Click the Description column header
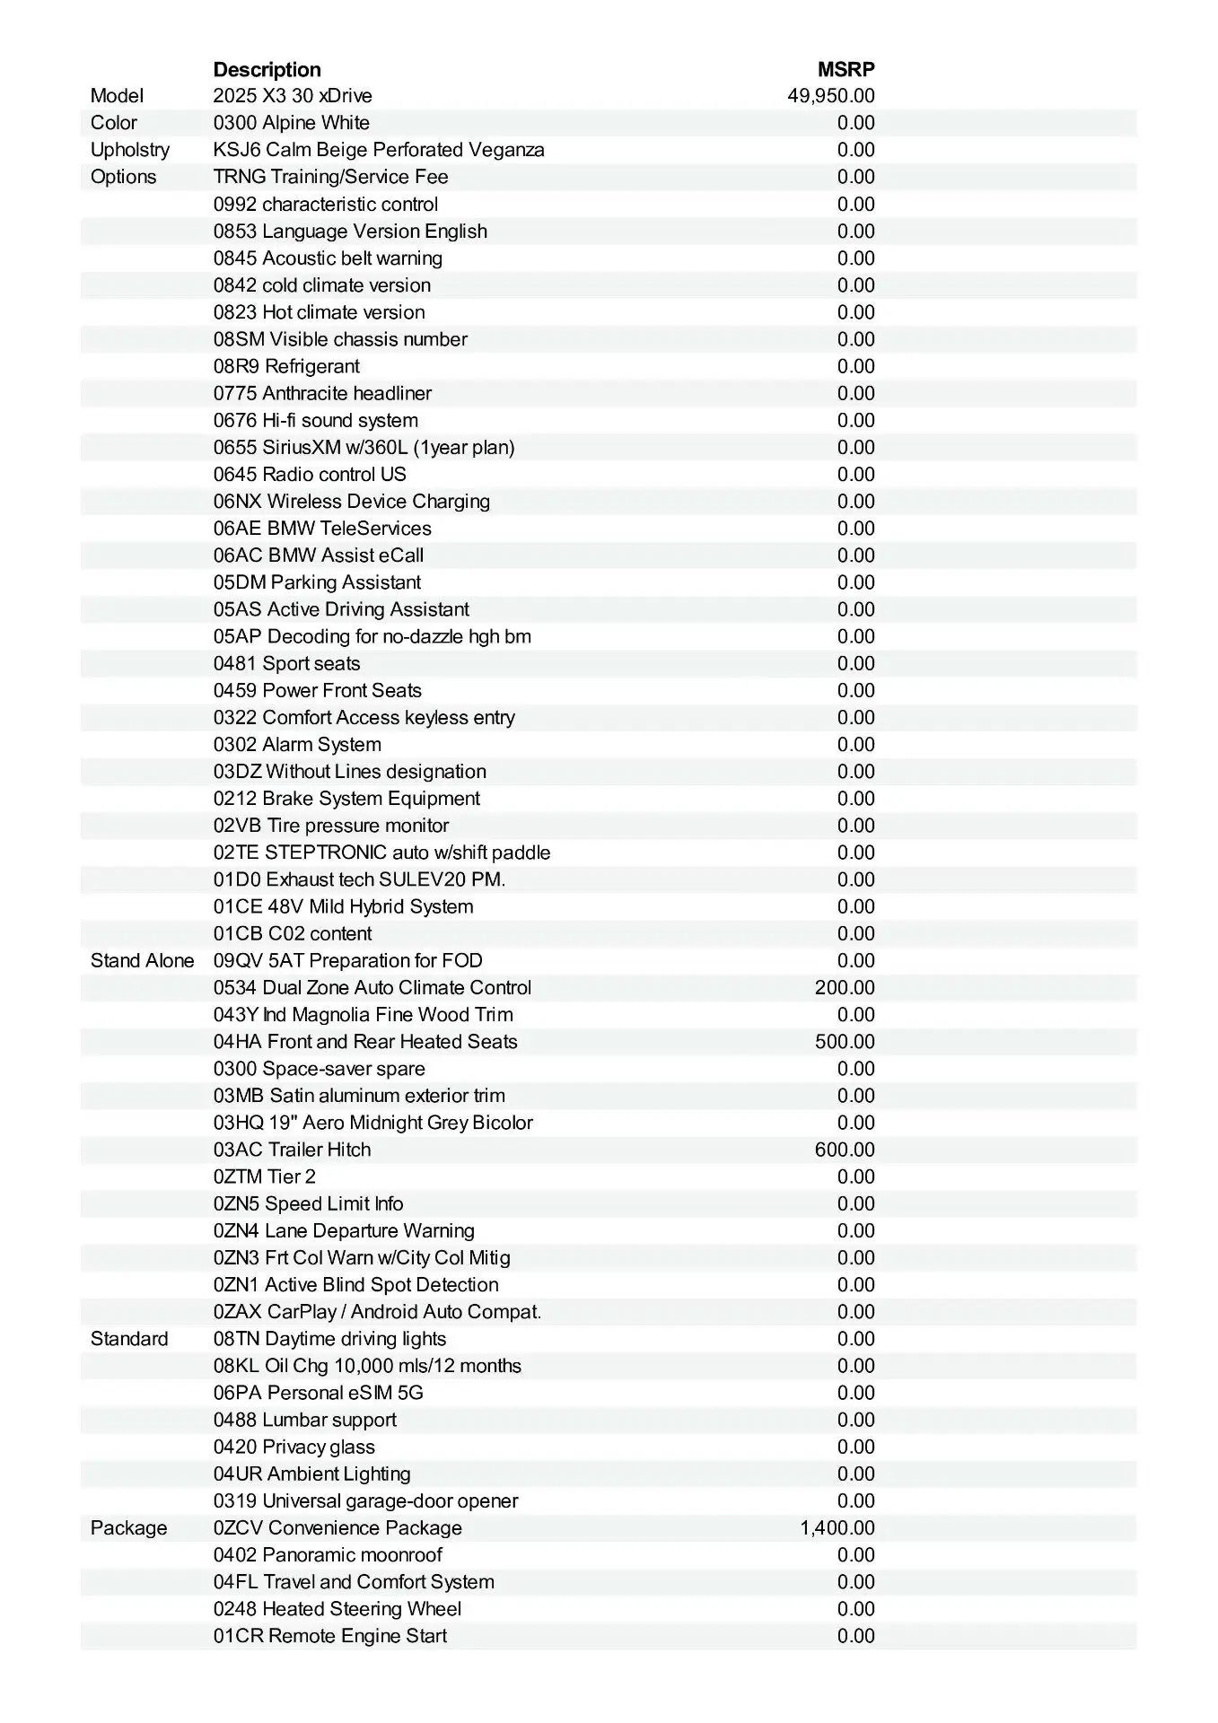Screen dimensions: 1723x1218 267,69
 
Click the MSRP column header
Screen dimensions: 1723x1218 846,69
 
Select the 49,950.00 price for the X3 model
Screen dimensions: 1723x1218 830,96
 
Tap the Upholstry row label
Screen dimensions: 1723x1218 129,150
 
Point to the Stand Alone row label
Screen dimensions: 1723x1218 142,961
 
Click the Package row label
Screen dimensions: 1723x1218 128,1528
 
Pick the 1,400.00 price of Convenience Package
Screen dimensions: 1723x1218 837,1528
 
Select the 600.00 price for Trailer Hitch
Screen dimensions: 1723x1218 844,1150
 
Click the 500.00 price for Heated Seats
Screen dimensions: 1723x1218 844,1042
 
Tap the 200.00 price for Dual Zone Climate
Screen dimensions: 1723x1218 844,988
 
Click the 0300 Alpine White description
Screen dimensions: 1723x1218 291,123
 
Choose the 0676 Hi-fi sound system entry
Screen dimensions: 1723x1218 315,421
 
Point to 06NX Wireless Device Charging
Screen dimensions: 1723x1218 351,502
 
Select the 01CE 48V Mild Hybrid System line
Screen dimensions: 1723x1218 343,907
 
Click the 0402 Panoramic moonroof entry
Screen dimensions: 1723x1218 328,1555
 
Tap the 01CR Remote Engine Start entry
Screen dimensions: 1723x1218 329,1636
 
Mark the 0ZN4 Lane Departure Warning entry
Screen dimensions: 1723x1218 344,1231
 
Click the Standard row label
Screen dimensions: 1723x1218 129,1339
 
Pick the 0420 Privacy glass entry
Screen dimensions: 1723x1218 294,1447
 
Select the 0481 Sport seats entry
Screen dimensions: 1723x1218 286,664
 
